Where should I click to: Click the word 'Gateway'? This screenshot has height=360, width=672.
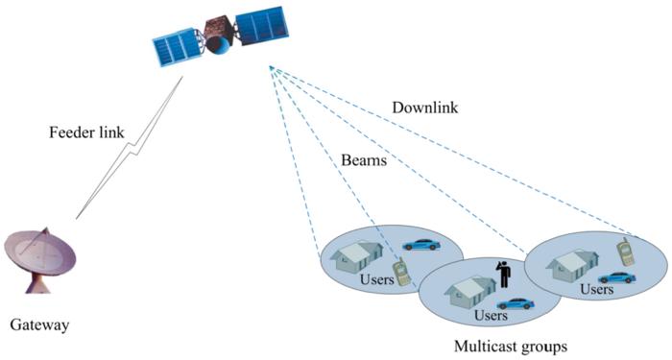[x=39, y=325]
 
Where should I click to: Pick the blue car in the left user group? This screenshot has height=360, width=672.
[x=420, y=244]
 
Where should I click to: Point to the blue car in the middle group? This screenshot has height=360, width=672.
[x=515, y=303]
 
